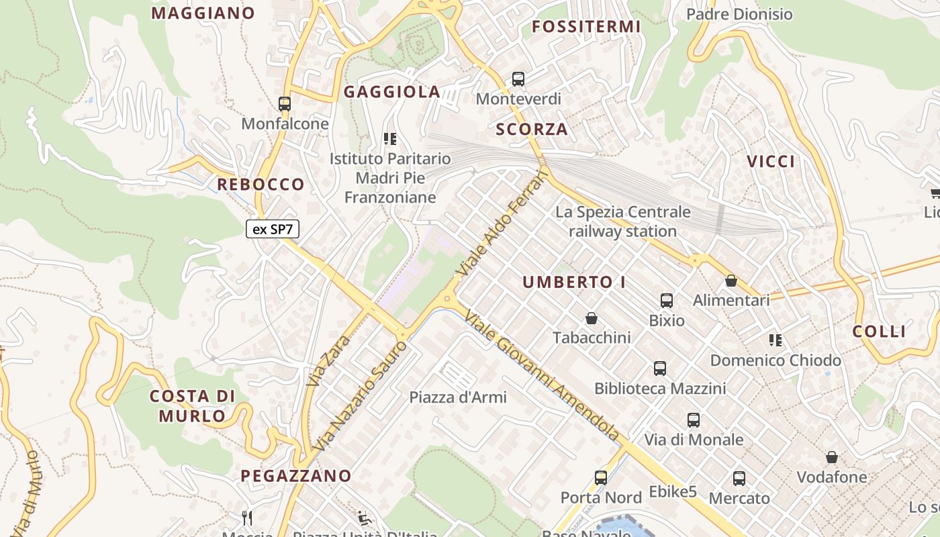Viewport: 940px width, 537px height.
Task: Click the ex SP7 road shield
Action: pos(272,230)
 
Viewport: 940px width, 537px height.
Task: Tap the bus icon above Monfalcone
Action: pos(285,104)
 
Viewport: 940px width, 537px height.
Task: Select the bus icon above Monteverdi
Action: pos(518,79)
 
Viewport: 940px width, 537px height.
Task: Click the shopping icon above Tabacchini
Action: pos(592,318)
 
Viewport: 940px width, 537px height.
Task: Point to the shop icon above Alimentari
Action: pos(731,281)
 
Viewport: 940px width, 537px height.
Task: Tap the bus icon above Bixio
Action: pos(667,301)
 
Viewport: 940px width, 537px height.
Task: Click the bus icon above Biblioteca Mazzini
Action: pos(660,369)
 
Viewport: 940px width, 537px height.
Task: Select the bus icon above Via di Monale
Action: pos(694,420)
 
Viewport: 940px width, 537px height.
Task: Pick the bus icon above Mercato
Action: pos(739,479)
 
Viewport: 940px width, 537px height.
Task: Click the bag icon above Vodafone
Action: pos(832,458)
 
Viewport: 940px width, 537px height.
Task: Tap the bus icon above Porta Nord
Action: pos(601,478)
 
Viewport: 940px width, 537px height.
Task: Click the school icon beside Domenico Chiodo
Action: pos(775,340)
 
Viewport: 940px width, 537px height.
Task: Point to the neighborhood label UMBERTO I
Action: pos(574,283)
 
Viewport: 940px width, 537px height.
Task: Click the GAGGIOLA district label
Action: pos(392,92)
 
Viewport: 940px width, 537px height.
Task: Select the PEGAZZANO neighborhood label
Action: pos(296,476)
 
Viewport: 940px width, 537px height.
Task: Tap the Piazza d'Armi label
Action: pos(458,397)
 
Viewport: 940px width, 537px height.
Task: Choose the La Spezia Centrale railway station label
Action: pos(623,222)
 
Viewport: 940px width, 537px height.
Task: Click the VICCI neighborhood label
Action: pos(771,161)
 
